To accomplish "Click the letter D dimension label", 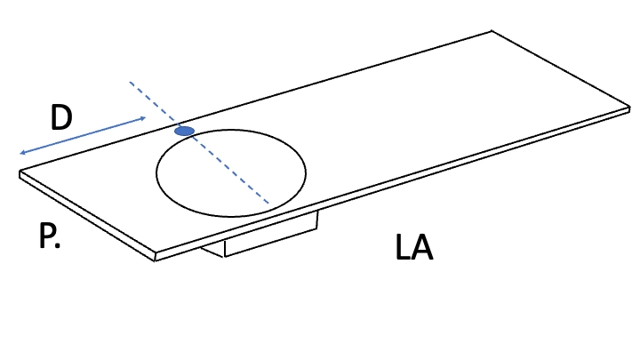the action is tap(61, 117).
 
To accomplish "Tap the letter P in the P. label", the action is tap(46, 236).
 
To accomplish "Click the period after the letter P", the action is tap(57, 245).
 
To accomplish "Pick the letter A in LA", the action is tap(421, 247).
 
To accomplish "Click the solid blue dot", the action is tap(185, 131).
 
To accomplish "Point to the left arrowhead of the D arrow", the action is tap(22, 153).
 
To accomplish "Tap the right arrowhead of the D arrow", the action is tap(143, 118).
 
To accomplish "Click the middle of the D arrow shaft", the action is tap(83, 135).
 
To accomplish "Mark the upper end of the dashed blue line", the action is tap(130, 82).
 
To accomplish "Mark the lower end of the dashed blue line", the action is tap(268, 203).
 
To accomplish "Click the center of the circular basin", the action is tap(231, 173).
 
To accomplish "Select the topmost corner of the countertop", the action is tap(492, 30).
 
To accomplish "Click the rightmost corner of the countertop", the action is tap(630, 108).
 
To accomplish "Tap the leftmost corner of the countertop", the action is tap(20, 172).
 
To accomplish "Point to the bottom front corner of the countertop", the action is tap(155, 260).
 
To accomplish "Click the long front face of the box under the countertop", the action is tap(271, 235).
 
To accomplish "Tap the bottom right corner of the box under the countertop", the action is tap(317, 229).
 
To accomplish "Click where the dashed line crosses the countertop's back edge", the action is tap(178, 124).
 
